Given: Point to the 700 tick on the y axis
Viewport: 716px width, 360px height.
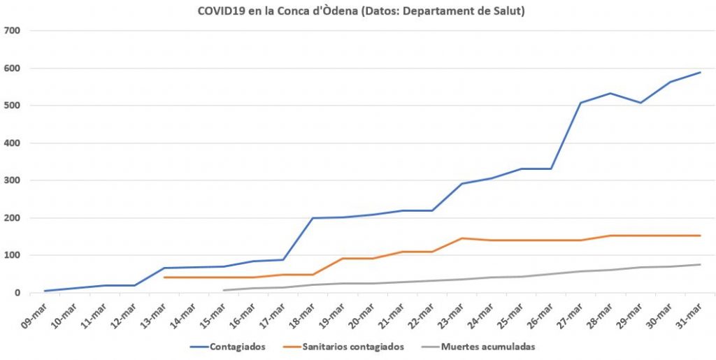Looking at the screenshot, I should pos(12,31).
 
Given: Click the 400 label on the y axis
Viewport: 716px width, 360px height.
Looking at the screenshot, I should pos(12,143).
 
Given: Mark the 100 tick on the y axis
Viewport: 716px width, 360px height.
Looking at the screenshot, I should pos(12,255).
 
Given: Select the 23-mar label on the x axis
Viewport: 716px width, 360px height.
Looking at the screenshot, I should pos(449,315).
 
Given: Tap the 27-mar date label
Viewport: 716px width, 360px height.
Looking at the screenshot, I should pos(568,315).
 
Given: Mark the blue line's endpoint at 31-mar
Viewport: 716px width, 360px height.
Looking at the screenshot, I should pos(701,72).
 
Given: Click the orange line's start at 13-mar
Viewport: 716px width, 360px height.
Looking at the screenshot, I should pos(164,278).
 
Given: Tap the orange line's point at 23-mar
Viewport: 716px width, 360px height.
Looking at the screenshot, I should pos(462,238).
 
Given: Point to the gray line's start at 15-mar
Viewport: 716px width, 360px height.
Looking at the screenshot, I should pos(224,290).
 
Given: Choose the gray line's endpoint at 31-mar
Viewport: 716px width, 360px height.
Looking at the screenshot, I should pos(701,264).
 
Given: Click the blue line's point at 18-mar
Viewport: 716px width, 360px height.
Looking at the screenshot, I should pos(313,218).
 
